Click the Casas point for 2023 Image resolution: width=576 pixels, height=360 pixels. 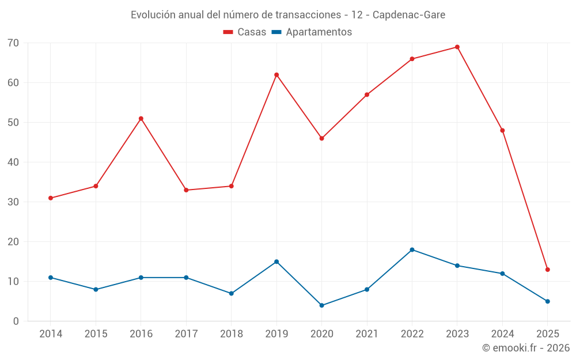click(x=457, y=47)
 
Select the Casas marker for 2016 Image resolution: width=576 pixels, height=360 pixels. click(x=141, y=119)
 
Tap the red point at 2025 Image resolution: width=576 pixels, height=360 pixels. click(x=548, y=270)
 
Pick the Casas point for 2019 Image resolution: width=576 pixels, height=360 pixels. click(x=276, y=75)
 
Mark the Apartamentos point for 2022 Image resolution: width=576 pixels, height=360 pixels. click(x=412, y=250)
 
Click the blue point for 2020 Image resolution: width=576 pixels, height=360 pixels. click(x=321, y=305)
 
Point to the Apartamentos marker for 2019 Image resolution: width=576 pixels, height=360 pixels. click(x=276, y=262)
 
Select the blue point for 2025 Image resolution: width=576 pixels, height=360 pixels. click(x=548, y=301)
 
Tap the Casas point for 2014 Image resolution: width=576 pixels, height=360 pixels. click(x=51, y=198)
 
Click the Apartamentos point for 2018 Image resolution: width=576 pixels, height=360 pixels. click(x=231, y=293)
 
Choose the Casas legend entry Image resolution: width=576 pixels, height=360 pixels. click(x=245, y=32)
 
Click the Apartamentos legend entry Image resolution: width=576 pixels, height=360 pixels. click(x=312, y=32)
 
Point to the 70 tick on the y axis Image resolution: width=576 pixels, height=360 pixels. click(x=13, y=43)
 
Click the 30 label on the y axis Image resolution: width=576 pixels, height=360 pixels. click(x=13, y=202)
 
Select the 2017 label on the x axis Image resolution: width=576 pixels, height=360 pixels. click(x=186, y=334)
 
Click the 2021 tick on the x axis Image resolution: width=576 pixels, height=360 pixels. click(x=367, y=334)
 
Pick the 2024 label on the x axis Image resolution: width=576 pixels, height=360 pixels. click(x=502, y=334)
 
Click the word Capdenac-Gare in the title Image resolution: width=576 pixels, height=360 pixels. click(x=408, y=15)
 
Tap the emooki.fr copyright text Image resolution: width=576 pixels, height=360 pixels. click(x=525, y=348)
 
